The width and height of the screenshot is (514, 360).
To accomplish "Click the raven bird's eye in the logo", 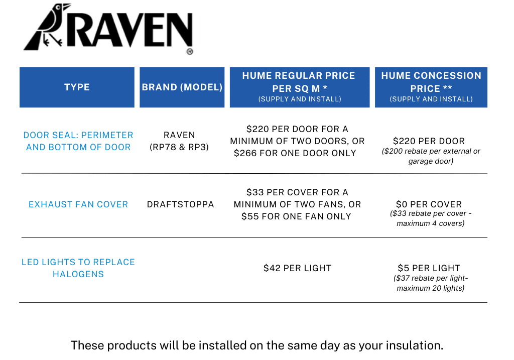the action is pyautogui.click(x=59, y=7).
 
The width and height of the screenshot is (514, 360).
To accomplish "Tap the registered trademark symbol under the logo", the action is pyautogui.click(x=190, y=52).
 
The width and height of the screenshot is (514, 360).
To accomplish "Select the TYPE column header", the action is pyautogui.click(x=77, y=87).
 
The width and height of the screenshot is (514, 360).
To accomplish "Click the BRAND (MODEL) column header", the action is pyautogui.click(x=182, y=87).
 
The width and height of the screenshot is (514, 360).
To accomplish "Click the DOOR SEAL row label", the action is pyautogui.click(x=78, y=141).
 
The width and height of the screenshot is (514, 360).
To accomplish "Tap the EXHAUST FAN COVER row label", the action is pyautogui.click(x=78, y=204).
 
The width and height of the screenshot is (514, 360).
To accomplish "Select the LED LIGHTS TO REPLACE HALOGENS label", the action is pyautogui.click(x=78, y=268).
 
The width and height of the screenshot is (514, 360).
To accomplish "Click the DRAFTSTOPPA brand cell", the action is pyautogui.click(x=180, y=204).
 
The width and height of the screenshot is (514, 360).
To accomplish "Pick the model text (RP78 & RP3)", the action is pyautogui.click(x=179, y=147).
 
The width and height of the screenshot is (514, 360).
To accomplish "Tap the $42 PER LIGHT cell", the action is pyautogui.click(x=298, y=268).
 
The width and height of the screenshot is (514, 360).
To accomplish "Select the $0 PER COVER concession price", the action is pyautogui.click(x=429, y=204).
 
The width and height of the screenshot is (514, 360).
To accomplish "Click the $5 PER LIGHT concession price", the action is pyautogui.click(x=429, y=268).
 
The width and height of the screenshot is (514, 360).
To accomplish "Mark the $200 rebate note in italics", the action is pyautogui.click(x=431, y=156).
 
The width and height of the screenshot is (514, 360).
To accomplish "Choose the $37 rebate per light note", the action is pyautogui.click(x=431, y=283).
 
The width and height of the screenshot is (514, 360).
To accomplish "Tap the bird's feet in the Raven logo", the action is pyautogui.click(x=52, y=40).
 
